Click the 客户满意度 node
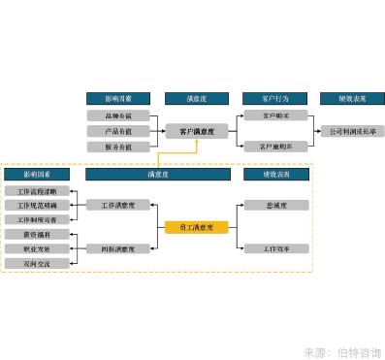197,131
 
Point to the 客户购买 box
275,115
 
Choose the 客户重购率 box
275,147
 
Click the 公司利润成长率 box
353,131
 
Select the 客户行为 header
275,98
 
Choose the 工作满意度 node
117,206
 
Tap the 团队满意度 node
117,249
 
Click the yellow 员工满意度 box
197,228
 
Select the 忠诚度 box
275,206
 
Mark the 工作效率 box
275,249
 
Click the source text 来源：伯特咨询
341,351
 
